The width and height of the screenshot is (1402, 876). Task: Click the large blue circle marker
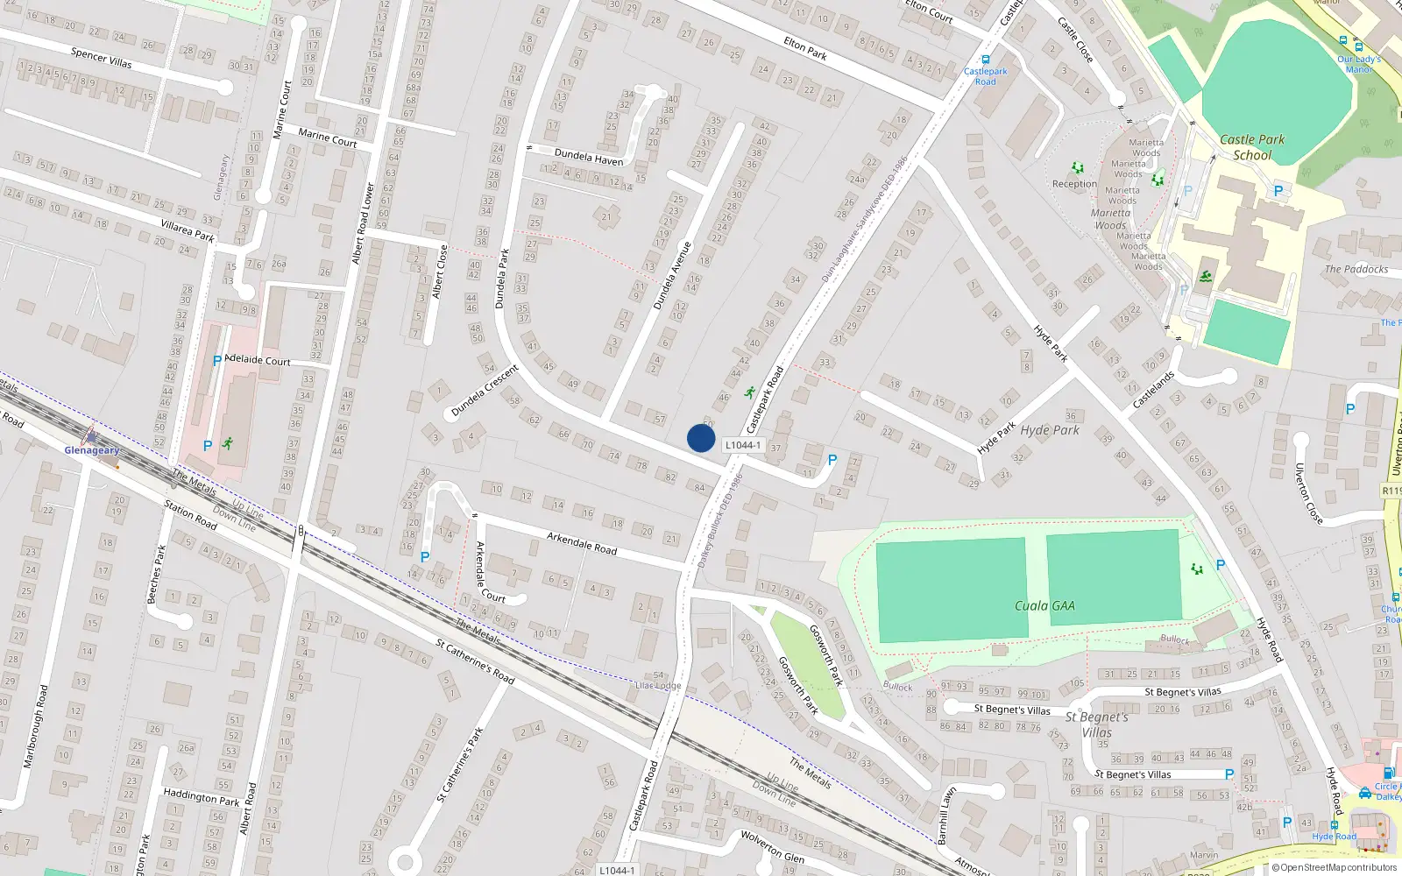701,438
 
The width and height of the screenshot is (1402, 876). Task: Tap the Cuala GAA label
1044,605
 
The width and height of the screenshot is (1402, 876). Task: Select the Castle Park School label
1252,147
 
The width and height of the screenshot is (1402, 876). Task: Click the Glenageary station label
92,450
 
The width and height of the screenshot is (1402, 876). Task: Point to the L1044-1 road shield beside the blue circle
742,445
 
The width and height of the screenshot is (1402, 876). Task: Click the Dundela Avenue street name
672,275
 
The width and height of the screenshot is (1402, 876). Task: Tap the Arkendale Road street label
582,543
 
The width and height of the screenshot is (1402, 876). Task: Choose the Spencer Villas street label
101,58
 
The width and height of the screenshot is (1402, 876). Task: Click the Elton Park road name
805,47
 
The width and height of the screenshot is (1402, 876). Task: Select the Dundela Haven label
589,157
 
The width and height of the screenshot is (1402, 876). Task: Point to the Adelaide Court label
258,360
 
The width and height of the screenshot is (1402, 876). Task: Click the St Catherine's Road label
475,661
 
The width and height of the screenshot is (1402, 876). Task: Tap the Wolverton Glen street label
772,845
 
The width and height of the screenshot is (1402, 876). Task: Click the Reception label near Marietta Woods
1074,184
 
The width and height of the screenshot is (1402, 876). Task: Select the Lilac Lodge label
657,685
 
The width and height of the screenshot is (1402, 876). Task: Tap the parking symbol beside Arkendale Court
425,557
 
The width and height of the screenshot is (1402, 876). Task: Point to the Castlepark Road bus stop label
985,76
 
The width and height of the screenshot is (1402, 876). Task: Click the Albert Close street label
441,272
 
